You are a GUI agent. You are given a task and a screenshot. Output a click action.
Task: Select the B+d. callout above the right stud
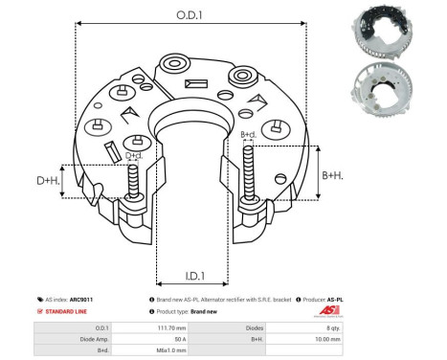pyautogui.click(x=248, y=134)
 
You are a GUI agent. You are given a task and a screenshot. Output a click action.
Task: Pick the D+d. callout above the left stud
pyautogui.click(x=134, y=156)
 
